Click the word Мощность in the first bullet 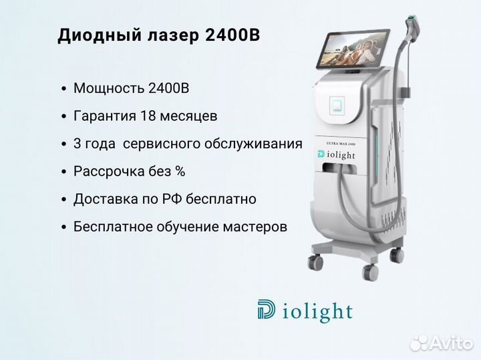[109, 89]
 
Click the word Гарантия [105, 116]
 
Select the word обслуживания [253, 144]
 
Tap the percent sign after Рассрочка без [180, 172]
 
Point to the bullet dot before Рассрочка [64, 172]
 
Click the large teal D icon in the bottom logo [266, 309]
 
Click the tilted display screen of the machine [352, 49]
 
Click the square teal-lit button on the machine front [337, 106]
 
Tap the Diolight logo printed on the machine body [336, 155]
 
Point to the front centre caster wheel [370, 271]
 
